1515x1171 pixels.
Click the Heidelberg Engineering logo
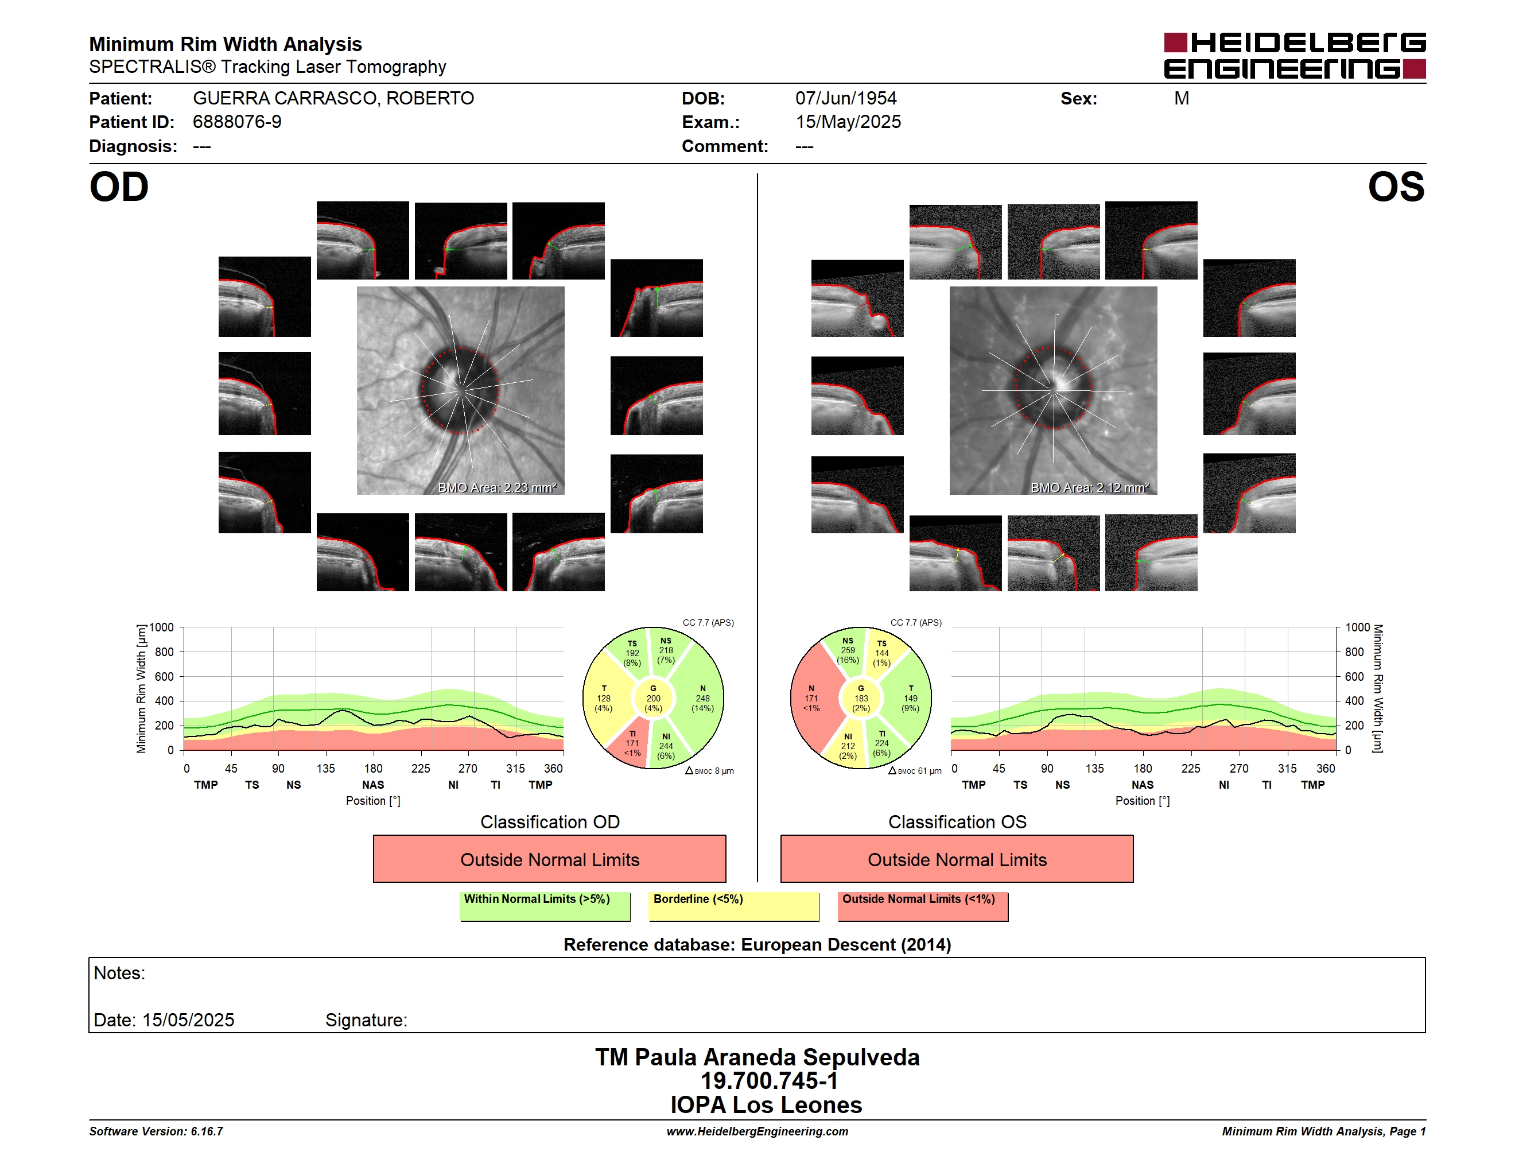click(x=1295, y=56)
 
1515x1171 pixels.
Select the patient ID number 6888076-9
click(x=237, y=122)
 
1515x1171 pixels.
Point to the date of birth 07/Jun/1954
click(x=846, y=99)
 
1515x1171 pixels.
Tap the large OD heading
click(x=119, y=187)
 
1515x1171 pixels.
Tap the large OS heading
click(x=1396, y=187)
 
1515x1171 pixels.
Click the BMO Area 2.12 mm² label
click(x=1090, y=488)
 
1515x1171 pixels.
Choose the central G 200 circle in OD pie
click(x=652, y=699)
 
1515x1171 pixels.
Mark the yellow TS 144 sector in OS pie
click(x=883, y=652)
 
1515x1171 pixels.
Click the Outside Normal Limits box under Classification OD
click(x=549, y=859)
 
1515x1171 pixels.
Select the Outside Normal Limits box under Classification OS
click(x=957, y=859)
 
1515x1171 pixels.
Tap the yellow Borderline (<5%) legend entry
click(x=734, y=906)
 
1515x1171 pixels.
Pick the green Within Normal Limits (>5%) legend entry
click(x=545, y=906)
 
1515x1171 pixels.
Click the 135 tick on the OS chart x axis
click(x=1094, y=769)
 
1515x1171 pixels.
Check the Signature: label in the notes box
click(x=366, y=1020)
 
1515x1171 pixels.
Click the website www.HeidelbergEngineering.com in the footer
click(x=757, y=1131)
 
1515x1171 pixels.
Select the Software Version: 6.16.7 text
click(x=156, y=1131)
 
